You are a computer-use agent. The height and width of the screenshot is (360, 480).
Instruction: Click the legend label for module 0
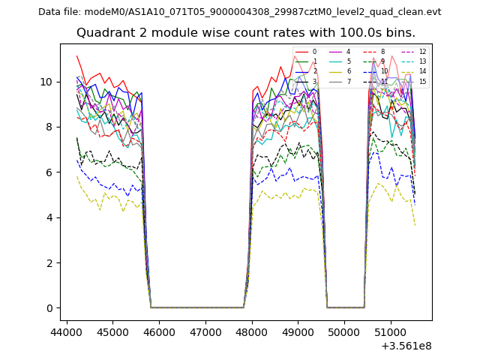[x=314, y=52]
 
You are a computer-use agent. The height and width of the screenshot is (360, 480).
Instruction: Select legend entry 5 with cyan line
[x=350, y=61]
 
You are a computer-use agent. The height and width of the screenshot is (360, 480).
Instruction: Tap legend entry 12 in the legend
[x=422, y=52]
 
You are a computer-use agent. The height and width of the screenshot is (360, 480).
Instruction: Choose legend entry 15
[x=422, y=82]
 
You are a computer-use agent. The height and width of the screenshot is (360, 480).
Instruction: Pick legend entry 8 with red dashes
[x=382, y=52]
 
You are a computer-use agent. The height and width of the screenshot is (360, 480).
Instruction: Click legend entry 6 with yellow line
[x=350, y=71]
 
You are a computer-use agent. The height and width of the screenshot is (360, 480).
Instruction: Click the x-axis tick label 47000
[x=205, y=331]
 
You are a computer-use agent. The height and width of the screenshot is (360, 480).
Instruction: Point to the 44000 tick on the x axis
[x=67, y=331]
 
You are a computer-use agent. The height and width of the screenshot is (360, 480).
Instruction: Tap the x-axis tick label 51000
[x=391, y=331]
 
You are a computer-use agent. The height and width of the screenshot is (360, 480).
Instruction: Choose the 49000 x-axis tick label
[x=298, y=331]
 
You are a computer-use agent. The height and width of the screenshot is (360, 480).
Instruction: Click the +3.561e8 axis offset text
[x=406, y=346]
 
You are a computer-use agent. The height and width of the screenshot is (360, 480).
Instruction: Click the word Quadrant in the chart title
[x=105, y=33]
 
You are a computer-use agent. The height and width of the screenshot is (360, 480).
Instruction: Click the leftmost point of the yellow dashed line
[x=76, y=175]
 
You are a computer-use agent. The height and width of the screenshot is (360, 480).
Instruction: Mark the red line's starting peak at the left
[x=76, y=55]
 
